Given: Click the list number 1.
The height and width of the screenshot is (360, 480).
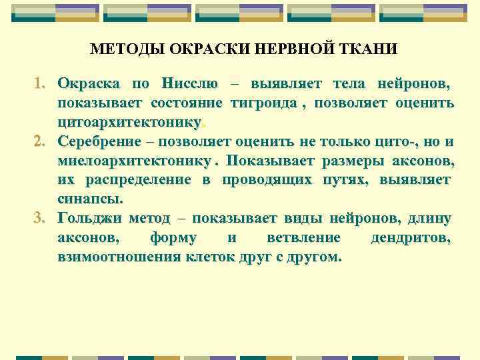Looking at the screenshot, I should coord(39,84).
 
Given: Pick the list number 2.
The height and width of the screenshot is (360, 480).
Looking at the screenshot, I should coord(39,141).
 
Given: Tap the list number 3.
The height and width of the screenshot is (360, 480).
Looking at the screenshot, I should coord(39,218).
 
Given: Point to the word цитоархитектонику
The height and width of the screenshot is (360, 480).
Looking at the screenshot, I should coord(129,123).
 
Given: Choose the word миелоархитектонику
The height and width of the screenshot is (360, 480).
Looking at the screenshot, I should coord(139,161).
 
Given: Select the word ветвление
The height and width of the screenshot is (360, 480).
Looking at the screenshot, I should coord(303,237).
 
